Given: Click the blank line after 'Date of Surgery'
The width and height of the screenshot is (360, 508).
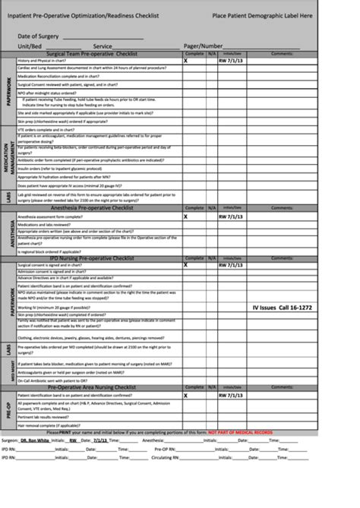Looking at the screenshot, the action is coord(103,37).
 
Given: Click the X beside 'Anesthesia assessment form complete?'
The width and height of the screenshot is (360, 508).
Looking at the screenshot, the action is coord(185,216).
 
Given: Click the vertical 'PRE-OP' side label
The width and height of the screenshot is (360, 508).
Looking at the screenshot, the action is coord(9,411).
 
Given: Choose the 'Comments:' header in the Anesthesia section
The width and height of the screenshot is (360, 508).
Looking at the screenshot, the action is coord(282,207).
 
